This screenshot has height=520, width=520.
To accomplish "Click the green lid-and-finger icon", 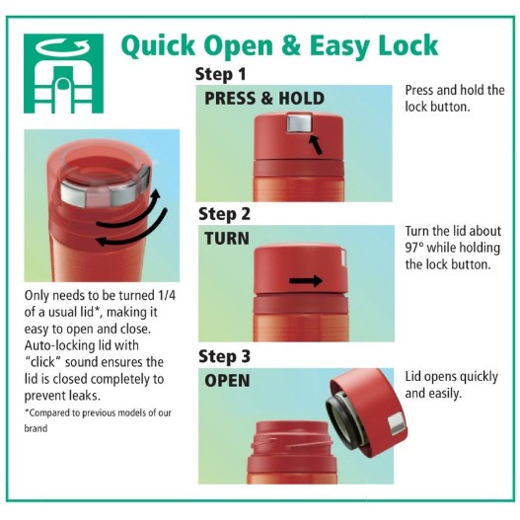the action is click(x=63, y=73).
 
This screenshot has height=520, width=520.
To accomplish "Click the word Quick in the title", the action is click(x=159, y=45).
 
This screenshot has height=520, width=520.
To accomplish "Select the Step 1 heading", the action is click(x=221, y=74).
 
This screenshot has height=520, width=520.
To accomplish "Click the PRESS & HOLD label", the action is click(x=264, y=98).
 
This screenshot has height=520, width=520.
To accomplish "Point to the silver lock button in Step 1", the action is click(x=299, y=122).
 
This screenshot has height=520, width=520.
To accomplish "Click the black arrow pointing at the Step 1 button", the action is click(x=315, y=145).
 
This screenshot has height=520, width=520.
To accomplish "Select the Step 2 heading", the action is click(x=224, y=214).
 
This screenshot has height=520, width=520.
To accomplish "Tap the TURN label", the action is click(x=227, y=239).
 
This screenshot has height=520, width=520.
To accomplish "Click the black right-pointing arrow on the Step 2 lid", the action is click(x=306, y=281).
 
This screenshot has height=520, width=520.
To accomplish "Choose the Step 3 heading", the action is click(x=224, y=356).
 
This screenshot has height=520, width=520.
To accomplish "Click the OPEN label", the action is click(x=227, y=381).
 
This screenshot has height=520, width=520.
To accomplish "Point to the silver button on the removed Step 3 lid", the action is click(x=398, y=424).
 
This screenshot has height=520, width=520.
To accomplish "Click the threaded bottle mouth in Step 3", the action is click(x=291, y=441).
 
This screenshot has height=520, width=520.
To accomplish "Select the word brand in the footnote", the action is click(x=36, y=428).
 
